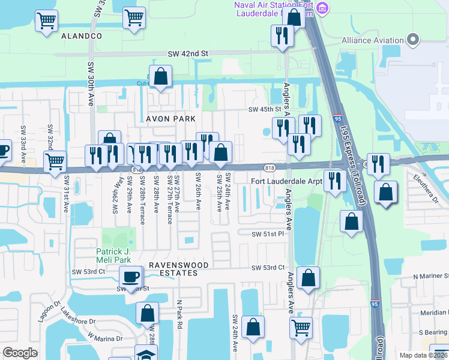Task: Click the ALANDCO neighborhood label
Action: click(82, 36)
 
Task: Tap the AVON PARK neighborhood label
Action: click(171, 119)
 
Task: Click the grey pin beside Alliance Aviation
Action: click(412, 40)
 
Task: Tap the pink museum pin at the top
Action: click(322, 8)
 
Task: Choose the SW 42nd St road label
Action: click(187, 53)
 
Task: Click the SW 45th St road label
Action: click(265, 109)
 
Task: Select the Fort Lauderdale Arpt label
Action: click(286, 181)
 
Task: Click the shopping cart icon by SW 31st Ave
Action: click(55, 161)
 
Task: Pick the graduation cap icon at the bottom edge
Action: click(146, 354)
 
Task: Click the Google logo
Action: click(20, 353)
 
